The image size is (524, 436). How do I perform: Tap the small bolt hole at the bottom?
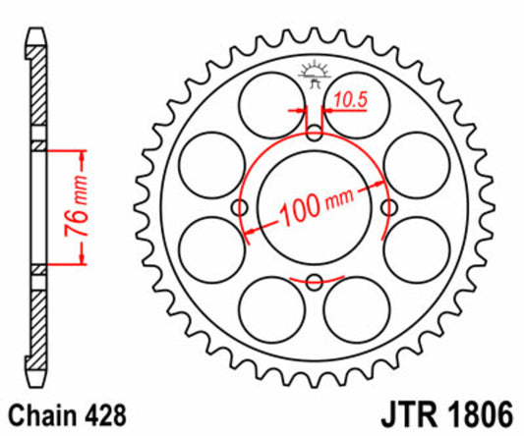click(x=313, y=283)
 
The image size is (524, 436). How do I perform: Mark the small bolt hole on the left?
click(x=238, y=208)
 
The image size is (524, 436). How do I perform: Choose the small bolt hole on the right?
click(x=388, y=208)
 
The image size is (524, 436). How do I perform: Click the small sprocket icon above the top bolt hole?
click(x=313, y=75)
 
